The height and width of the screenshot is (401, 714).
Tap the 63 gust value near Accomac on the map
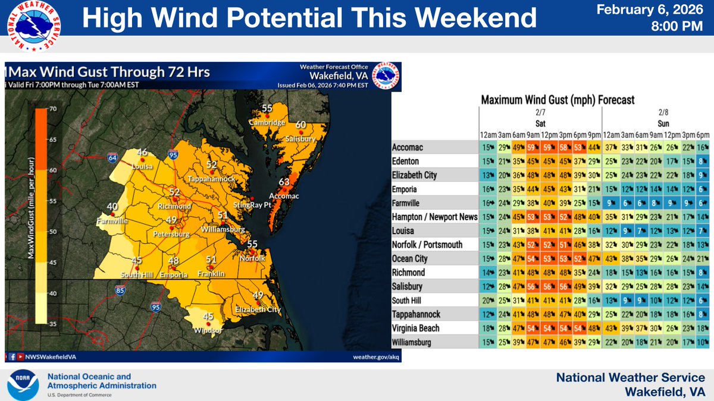pyautogui.click(x=284, y=182)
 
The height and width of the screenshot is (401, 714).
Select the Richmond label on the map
pyautogui.click(x=174, y=206)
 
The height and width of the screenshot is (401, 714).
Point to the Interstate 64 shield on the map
pyautogui.click(x=112, y=158)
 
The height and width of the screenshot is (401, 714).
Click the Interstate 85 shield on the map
pyautogui.click(x=121, y=291)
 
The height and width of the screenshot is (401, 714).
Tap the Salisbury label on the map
pyautogui.click(x=300, y=138)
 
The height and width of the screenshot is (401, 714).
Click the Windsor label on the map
pyautogui.click(x=208, y=330)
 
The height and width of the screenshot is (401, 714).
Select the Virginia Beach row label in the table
pyautogui.click(x=416, y=328)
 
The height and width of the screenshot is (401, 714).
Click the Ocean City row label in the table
pyautogui.click(x=409, y=258)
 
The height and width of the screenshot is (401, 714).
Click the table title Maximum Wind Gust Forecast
pyautogui.click(x=558, y=100)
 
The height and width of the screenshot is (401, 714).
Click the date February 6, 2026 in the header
pyautogui.click(x=657, y=10)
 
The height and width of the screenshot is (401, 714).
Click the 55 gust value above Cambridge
pyautogui.click(x=267, y=108)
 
